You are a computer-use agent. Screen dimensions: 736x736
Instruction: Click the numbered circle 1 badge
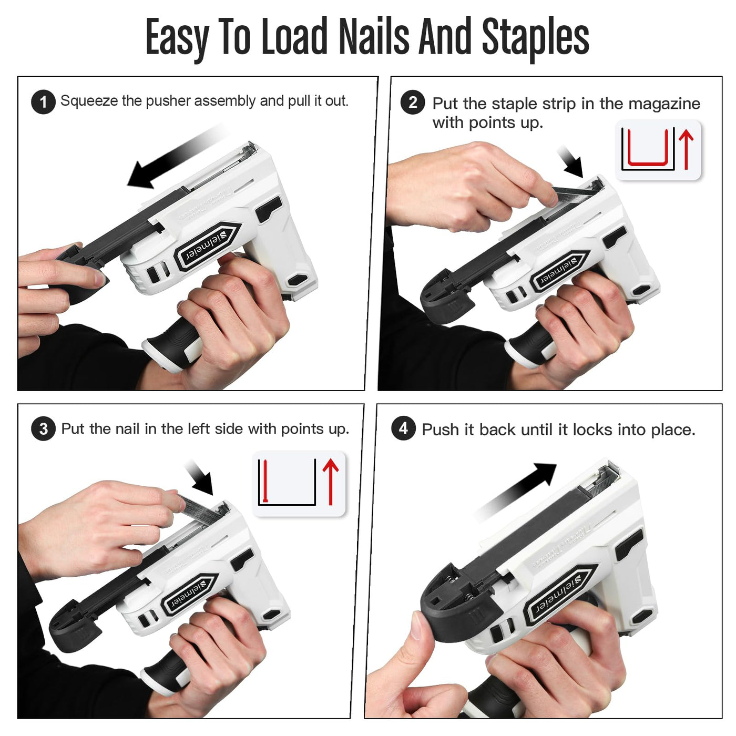43,102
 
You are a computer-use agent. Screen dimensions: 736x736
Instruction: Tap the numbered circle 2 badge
413,103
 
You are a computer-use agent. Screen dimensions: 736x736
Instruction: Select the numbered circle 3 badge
43,428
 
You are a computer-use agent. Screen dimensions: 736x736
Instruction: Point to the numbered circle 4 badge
403,428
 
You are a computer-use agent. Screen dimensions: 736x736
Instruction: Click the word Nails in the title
374,36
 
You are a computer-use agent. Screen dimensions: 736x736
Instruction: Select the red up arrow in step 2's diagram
686,149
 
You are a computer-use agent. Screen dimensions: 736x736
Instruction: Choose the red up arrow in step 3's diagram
330,482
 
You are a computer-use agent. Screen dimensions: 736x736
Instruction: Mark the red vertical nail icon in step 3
265,481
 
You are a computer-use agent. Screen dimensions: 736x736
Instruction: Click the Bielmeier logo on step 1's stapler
207,246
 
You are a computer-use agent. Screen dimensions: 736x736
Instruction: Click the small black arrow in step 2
570,161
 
